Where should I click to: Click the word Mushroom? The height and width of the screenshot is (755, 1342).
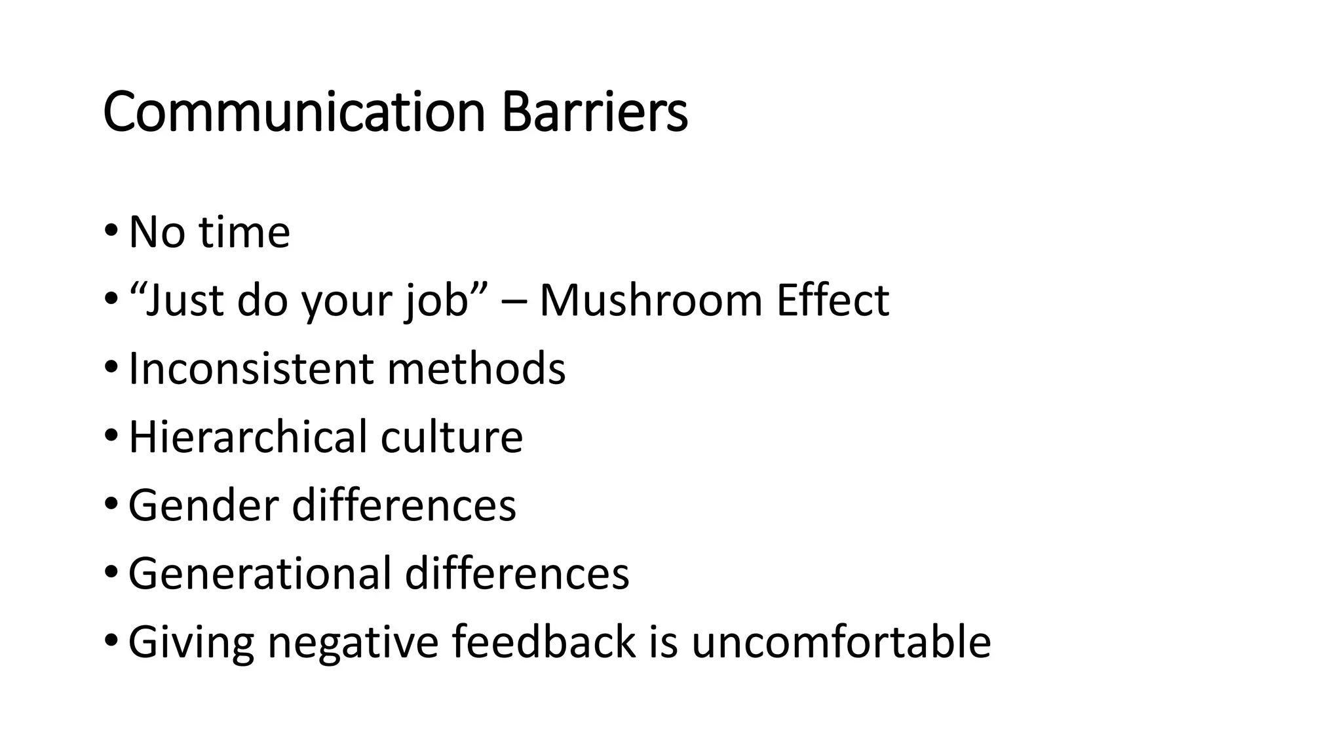[x=651, y=301]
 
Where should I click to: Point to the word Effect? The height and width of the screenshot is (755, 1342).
[x=832, y=301]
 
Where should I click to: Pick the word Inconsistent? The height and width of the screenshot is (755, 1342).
[x=250, y=368]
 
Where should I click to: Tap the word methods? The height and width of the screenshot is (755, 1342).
[x=476, y=368]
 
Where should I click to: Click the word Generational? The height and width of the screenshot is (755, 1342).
[x=259, y=573]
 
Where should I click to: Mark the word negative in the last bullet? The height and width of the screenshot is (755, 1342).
[x=353, y=642]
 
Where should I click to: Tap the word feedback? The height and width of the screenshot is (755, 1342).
[x=543, y=642]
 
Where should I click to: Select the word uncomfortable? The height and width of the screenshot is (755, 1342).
[x=841, y=642]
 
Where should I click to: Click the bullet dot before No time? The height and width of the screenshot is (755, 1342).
[x=111, y=231]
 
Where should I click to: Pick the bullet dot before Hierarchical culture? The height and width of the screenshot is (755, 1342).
[x=111, y=435]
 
